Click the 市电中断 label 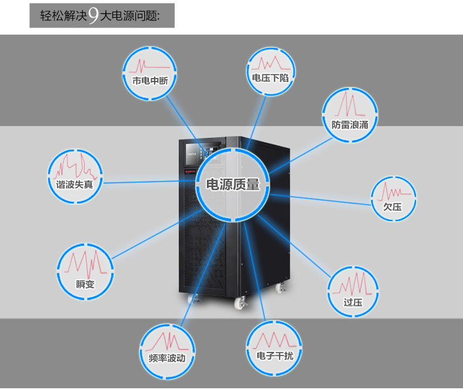tap(151, 81)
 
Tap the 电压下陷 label tap(270, 77)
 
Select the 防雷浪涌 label tap(350, 125)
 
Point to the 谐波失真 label tap(74, 184)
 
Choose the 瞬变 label tap(85, 285)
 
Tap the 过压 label tap(353, 303)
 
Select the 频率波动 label tap(167, 358)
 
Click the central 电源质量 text tap(233, 185)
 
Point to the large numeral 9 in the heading tap(93, 16)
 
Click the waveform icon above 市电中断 tap(150, 64)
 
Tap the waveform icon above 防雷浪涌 tap(350, 105)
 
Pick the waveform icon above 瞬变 tap(86, 264)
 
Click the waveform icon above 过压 tap(353, 284)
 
